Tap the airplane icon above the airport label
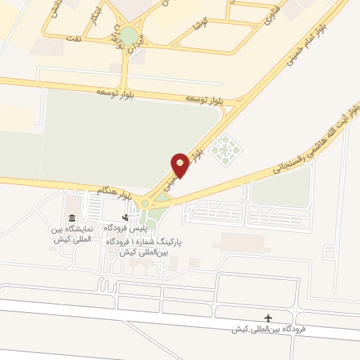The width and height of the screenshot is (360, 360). pyautogui.click(x=267, y=319)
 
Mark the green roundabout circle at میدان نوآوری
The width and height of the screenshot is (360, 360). pyautogui.click(x=128, y=36)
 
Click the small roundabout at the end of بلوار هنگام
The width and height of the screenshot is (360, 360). pyautogui.click(x=146, y=204)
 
